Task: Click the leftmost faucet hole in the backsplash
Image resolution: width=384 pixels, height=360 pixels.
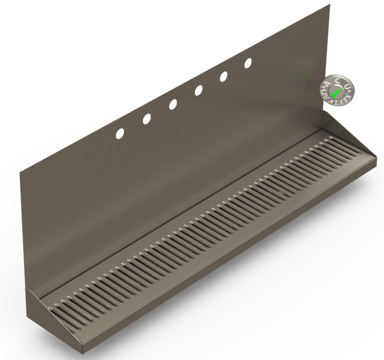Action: [x=120, y=133]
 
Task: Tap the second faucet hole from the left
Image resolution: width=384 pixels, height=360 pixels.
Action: [x=147, y=119]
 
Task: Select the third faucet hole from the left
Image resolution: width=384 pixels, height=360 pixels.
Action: [x=173, y=105]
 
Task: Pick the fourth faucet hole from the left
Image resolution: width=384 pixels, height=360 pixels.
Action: [x=199, y=91]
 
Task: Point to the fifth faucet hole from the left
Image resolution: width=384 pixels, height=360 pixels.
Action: [x=224, y=77]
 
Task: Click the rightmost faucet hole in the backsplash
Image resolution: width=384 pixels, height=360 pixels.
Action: [x=248, y=63]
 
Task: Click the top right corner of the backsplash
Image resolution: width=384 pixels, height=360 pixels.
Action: [x=329, y=5]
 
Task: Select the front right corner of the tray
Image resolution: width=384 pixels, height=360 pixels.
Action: [x=377, y=159]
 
